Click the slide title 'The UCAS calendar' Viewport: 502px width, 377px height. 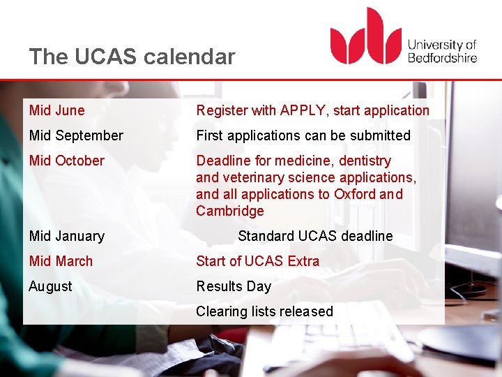[132, 57]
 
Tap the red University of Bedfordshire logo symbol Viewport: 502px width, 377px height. [365, 37]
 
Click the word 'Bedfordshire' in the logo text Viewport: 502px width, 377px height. [442, 57]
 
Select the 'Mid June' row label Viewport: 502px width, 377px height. [57, 110]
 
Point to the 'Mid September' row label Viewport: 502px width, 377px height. [76, 135]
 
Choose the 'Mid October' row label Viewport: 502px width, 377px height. [67, 161]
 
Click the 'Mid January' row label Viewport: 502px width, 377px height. [67, 236]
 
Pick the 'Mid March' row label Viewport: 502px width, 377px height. [61, 261]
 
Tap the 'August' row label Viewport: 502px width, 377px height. [51, 286]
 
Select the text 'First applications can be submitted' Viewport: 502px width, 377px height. [303, 135]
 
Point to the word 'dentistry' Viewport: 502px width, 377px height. [365, 161]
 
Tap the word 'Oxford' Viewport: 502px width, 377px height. [353, 194]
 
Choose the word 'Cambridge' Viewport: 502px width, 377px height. [230, 211]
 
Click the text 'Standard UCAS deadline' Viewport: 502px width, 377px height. [315, 236]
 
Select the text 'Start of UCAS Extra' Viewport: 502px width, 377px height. [258, 261]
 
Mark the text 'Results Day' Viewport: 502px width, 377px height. [234, 286]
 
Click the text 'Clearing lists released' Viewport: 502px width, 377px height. [265, 311]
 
